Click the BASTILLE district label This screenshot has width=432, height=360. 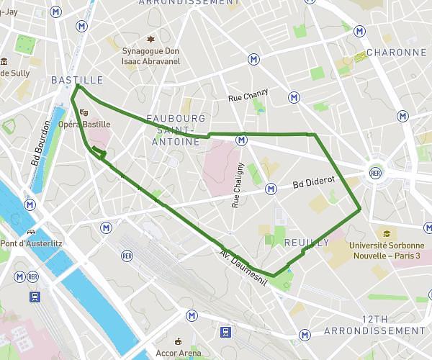77,80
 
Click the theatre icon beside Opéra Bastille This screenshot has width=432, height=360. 84,112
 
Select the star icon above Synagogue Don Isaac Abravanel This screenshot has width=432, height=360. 150,39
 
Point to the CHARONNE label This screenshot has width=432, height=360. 396,53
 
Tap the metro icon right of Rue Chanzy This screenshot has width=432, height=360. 294,97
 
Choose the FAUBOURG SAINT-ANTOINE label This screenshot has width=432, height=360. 176,130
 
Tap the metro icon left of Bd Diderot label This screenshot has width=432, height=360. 271,189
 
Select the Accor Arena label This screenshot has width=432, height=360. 179,353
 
